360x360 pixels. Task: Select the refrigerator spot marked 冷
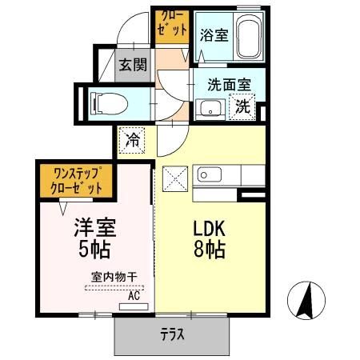[132, 140]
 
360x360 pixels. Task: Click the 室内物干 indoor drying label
[113, 277]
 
